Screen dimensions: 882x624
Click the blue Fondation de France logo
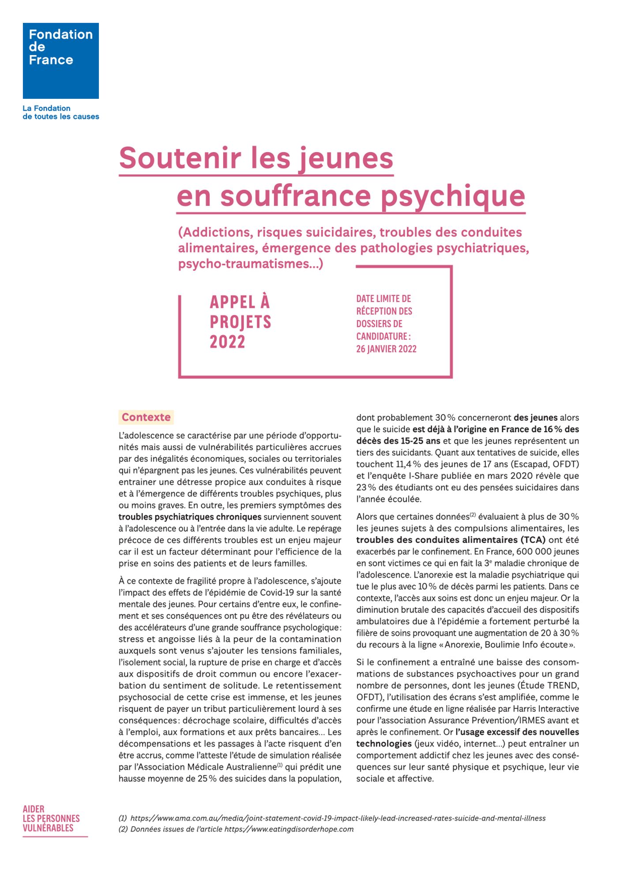coord(61,61)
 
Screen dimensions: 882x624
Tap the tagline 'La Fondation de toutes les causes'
coord(61,112)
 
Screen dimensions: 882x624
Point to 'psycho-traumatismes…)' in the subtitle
coord(251,264)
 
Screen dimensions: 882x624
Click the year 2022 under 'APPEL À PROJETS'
coord(227,342)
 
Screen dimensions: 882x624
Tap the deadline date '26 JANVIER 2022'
coord(386,349)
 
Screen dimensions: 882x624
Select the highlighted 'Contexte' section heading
coord(146,417)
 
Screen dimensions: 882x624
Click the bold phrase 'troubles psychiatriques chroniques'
coord(190,517)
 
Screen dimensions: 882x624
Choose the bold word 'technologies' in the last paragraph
coord(384,744)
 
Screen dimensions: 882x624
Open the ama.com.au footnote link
coord(338,818)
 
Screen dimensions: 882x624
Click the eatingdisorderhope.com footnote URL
coord(289,829)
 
